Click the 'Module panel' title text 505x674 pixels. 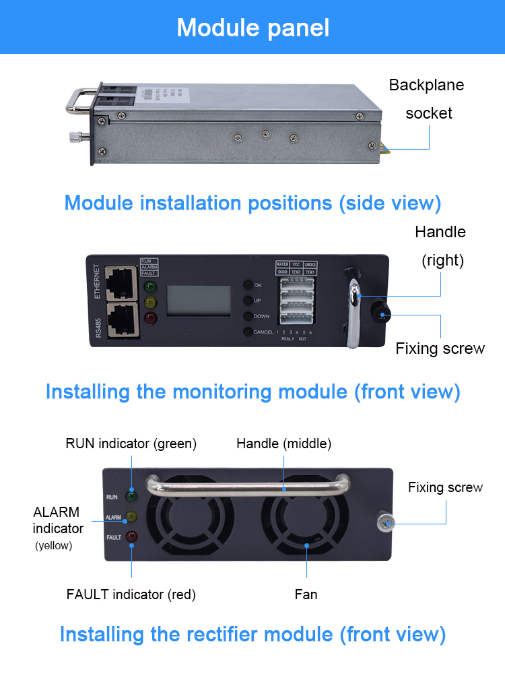(252, 27)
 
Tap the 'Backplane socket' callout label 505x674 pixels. (427, 99)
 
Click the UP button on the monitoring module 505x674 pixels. (248, 301)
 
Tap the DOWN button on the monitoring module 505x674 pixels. (248, 316)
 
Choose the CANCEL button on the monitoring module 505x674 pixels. (248, 332)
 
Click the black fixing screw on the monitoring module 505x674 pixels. (381, 313)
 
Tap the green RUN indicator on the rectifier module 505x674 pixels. (131, 496)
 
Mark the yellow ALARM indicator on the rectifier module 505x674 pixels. (131, 517)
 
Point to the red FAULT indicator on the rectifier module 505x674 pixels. (131, 537)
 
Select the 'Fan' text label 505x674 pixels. (306, 594)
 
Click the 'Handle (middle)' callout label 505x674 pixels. (283, 443)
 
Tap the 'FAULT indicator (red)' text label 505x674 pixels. (131, 594)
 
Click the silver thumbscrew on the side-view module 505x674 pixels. (73, 137)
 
